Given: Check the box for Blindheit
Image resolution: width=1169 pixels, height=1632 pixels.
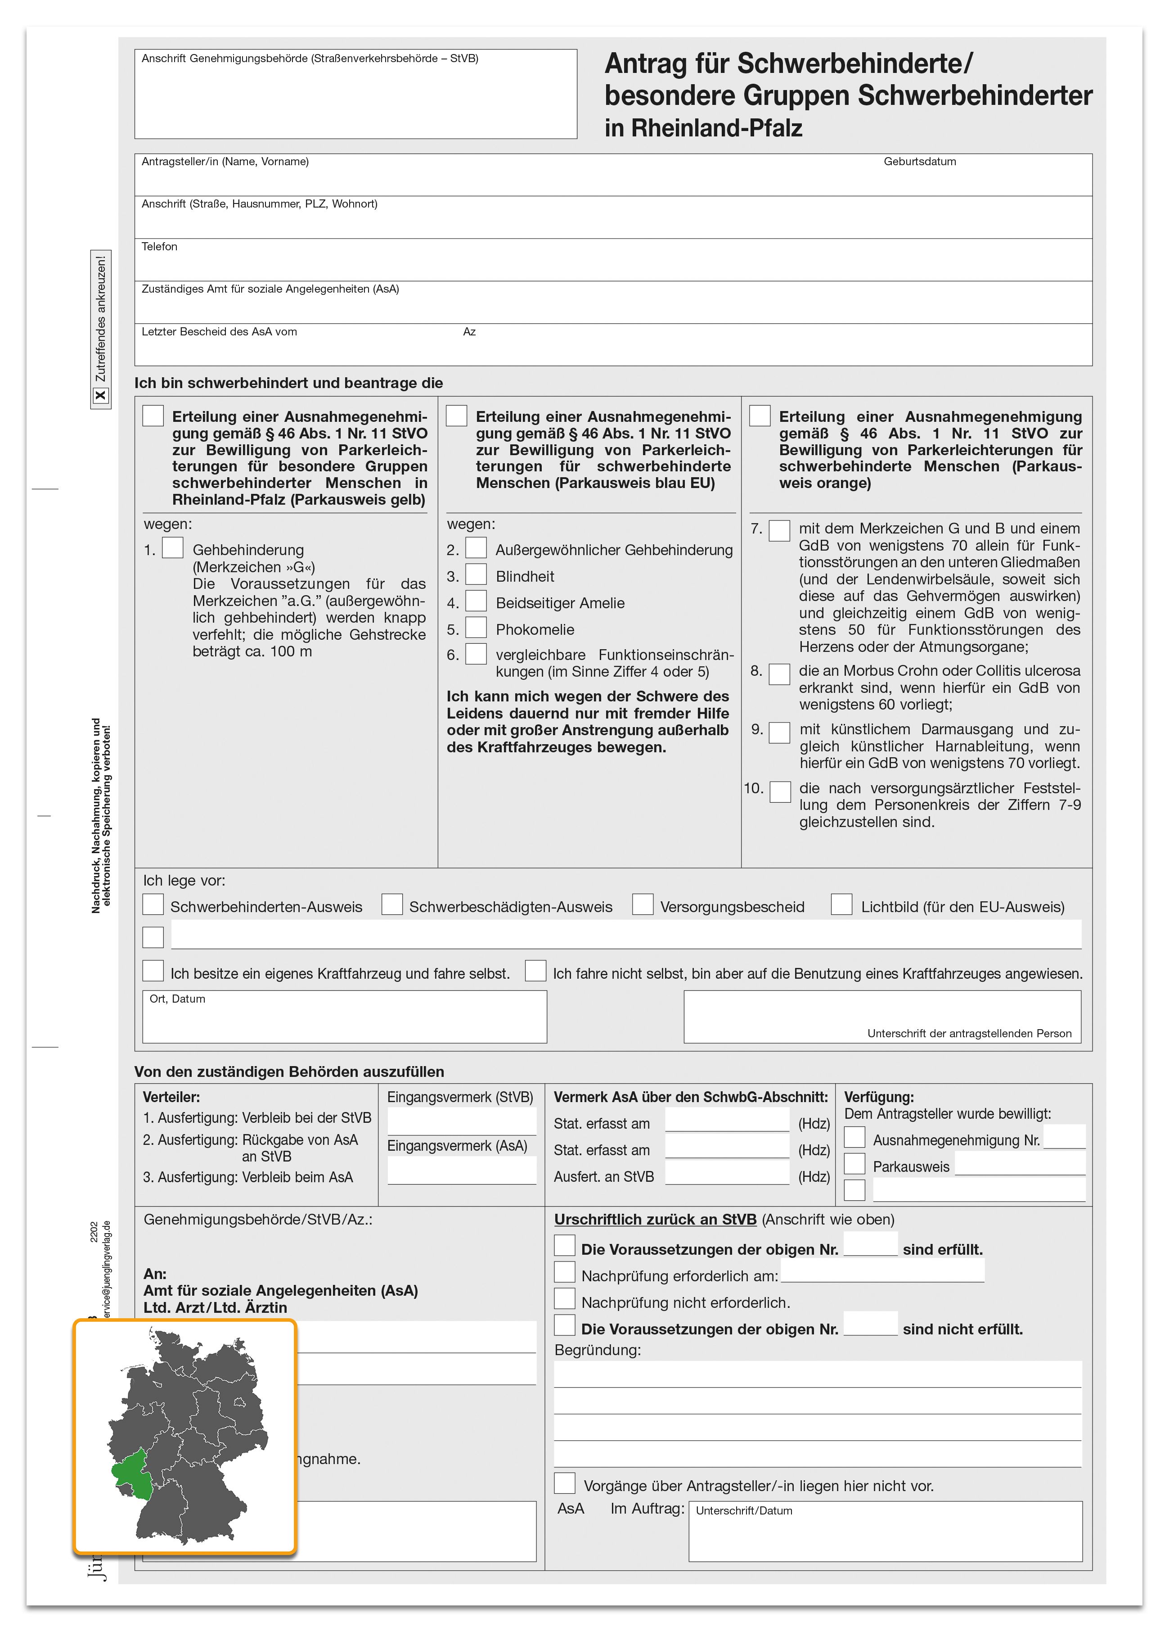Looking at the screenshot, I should point(476,574).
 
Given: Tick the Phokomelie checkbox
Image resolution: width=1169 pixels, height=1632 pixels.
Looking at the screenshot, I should point(476,628).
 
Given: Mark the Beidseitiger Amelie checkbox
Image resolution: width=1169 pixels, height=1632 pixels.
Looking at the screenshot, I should point(476,601).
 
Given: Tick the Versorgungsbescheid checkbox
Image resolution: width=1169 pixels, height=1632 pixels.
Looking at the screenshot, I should point(643,904).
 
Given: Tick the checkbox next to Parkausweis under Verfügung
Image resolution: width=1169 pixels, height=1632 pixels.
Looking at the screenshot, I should point(854,1163).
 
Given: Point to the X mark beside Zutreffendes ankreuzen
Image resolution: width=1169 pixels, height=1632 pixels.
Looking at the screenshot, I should point(101,395).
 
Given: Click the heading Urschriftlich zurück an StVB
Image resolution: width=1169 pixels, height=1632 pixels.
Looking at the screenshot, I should point(655,1220).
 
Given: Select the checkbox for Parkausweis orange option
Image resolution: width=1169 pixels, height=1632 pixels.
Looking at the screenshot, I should point(760,416).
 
